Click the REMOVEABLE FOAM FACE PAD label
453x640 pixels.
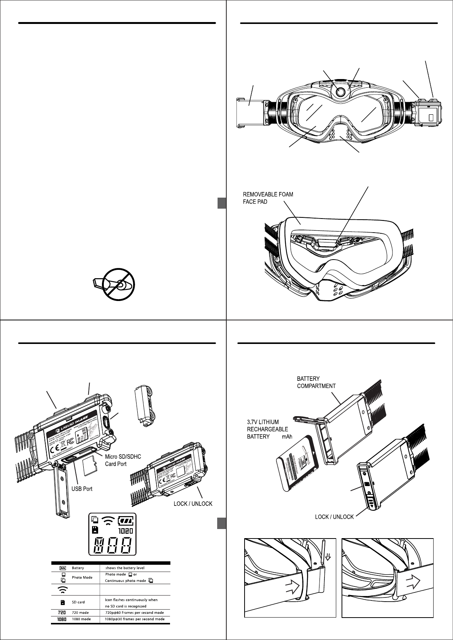(x=268, y=198)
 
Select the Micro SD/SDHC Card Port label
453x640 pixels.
(x=123, y=460)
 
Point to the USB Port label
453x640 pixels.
(x=82, y=489)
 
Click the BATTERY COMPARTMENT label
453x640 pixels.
(x=316, y=382)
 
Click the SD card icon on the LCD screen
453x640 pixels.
(x=95, y=529)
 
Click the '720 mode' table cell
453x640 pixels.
(x=81, y=613)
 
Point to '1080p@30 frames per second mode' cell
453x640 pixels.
(x=135, y=619)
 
